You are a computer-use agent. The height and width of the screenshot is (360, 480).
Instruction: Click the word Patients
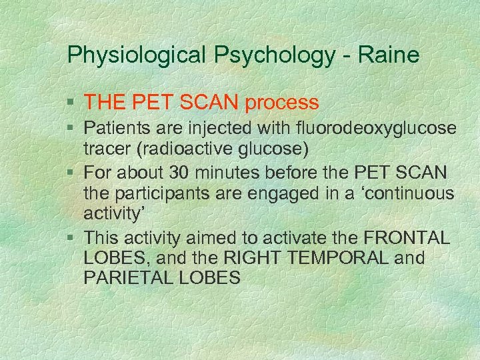(114, 129)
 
